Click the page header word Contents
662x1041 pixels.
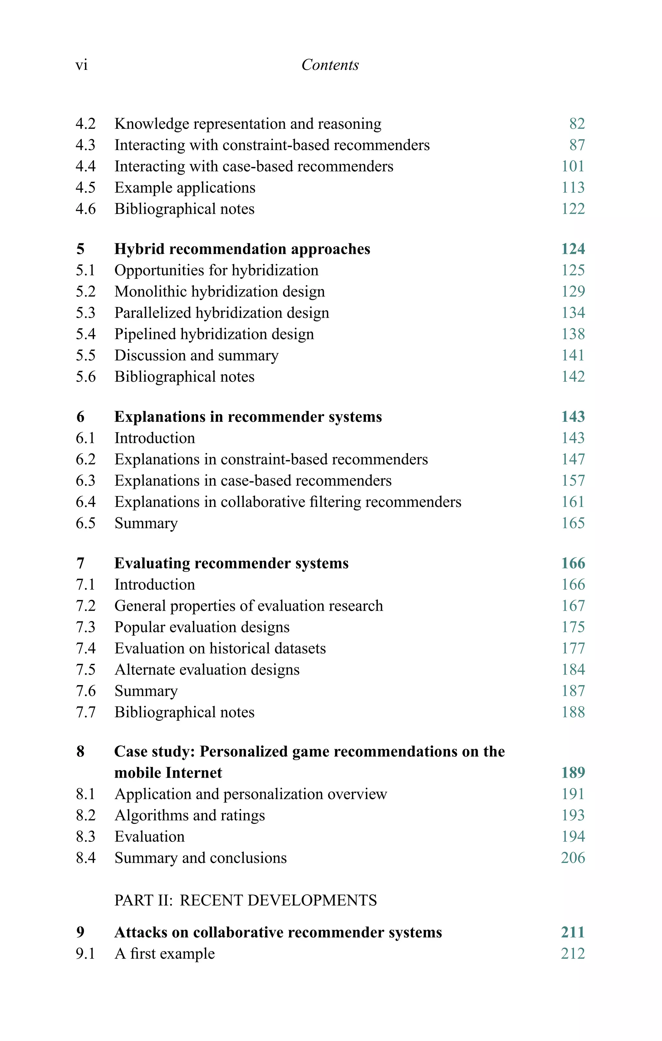(330, 65)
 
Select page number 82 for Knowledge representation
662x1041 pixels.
(577, 124)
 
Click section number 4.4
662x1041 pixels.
(86, 167)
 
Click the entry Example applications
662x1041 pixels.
(185, 188)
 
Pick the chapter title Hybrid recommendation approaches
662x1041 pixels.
(242, 249)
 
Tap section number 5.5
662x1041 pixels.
(86, 356)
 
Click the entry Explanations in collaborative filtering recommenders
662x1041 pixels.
(288, 502)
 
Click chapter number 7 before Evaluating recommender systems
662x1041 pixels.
(80, 563)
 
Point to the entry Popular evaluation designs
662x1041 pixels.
(202, 627)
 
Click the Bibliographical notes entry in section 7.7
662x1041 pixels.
(185, 712)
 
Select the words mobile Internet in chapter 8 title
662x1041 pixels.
(168, 773)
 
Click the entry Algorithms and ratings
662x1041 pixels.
(190, 815)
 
